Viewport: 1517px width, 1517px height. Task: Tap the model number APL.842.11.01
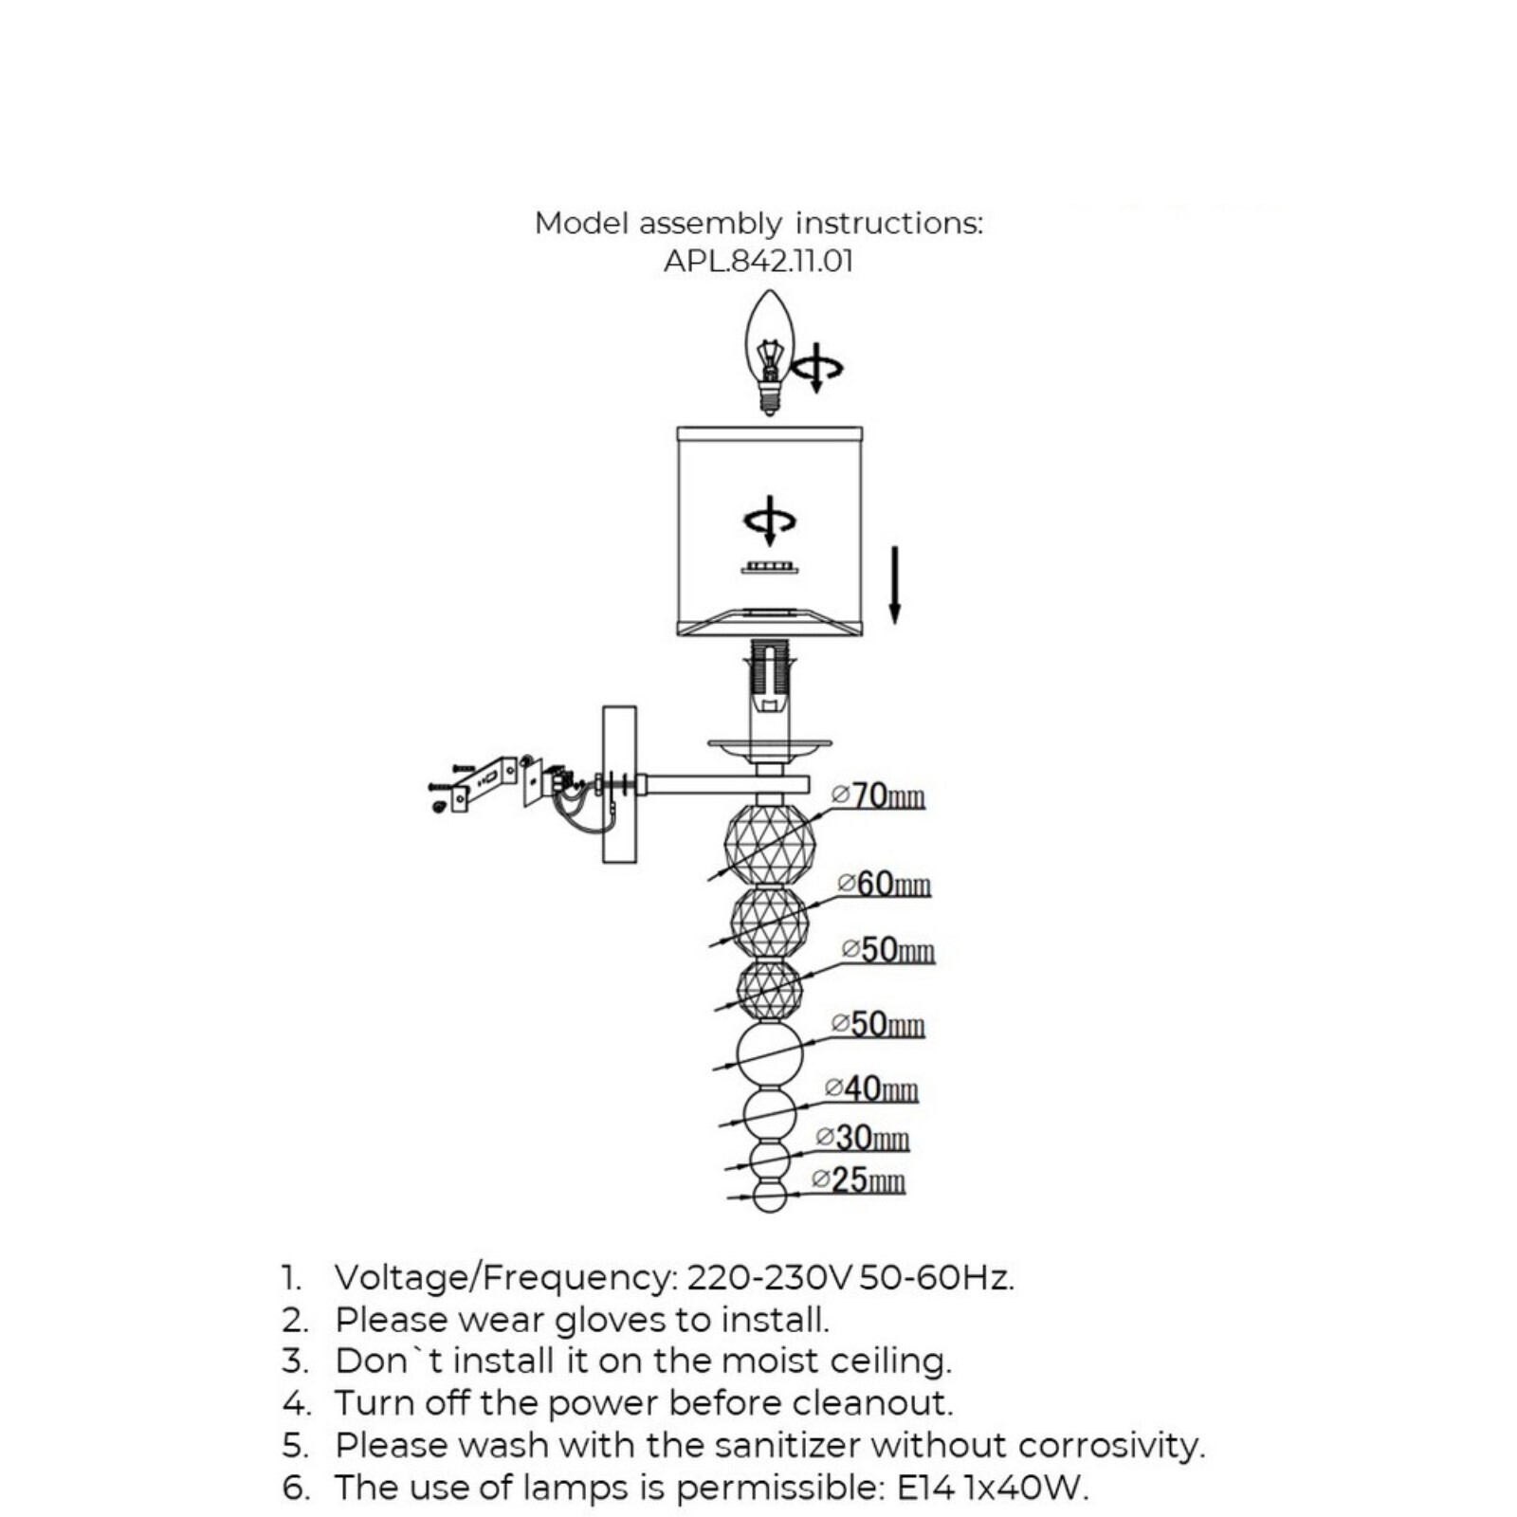pos(758,261)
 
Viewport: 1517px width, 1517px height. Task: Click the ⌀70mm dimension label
pos(878,795)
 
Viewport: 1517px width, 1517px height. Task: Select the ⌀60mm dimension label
pos(885,884)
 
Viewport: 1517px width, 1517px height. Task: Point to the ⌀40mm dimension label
pos(871,1088)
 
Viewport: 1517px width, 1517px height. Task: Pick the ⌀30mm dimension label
pos(863,1138)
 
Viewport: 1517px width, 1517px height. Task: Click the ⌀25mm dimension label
pos(859,1179)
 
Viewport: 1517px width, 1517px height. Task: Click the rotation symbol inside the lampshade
pos(770,521)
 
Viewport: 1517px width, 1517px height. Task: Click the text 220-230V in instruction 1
pos(770,1278)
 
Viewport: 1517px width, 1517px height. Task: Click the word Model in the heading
pos(581,223)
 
